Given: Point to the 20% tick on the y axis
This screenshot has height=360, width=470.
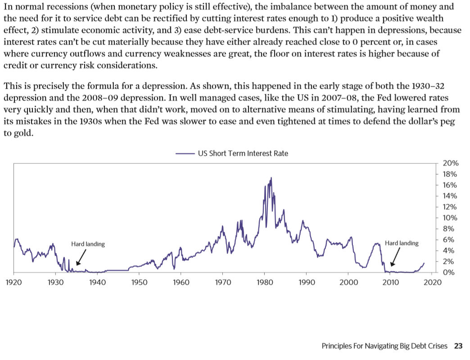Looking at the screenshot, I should pos(451,163).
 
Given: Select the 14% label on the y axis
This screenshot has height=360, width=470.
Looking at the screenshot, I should pos(451,196).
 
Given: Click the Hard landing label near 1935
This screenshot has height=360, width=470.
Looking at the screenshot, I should pos(88,244).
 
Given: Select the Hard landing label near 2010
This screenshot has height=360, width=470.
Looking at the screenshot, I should pos(402,243).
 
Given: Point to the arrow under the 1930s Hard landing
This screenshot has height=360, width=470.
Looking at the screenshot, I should pos(81,258).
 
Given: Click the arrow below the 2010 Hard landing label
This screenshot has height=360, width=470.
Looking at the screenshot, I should pos(395,258).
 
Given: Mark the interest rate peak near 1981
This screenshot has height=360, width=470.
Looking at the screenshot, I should pos(271,178).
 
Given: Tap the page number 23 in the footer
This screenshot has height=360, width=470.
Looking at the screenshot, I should pos(458,346).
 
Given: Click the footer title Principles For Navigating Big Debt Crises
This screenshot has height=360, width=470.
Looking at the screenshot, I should pos(384,346).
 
